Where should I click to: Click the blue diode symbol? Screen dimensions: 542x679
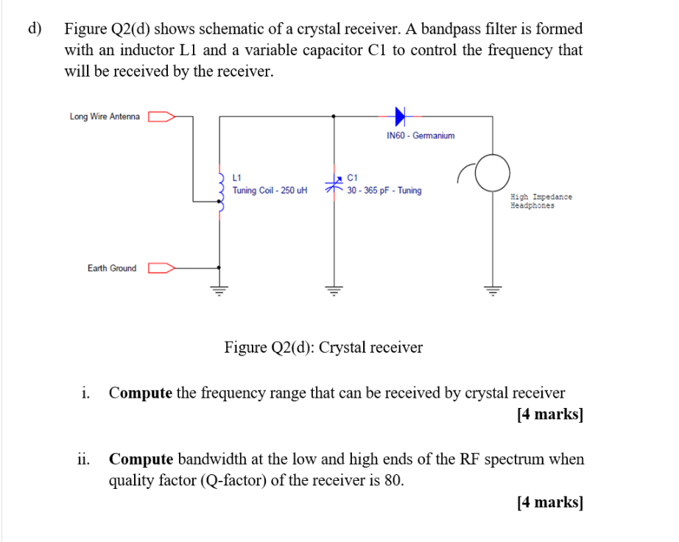(x=400, y=116)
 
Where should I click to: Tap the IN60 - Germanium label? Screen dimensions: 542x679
(x=421, y=135)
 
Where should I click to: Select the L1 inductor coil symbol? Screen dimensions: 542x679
(x=221, y=191)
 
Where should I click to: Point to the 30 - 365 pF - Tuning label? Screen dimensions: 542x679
(x=384, y=191)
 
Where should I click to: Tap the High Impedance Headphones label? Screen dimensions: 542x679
(x=541, y=201)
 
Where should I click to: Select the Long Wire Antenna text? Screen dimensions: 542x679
(x=105, y=116)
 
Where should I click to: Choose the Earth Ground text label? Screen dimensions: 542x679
(x=112, y=268)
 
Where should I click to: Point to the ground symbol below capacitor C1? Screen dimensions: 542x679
(x=335, y=289)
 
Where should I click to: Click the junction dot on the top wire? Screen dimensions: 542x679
(x=335, y=116)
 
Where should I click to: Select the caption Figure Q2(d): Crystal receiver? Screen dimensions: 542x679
(x=323, y=347)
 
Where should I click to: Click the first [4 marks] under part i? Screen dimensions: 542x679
(x=550, y=414)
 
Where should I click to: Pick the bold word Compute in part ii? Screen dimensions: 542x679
(x=141, y=460)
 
